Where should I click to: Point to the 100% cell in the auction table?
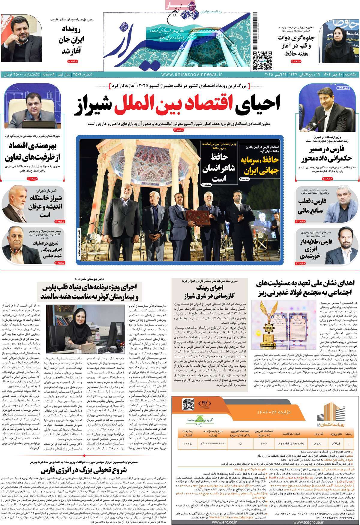click(188, 442)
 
